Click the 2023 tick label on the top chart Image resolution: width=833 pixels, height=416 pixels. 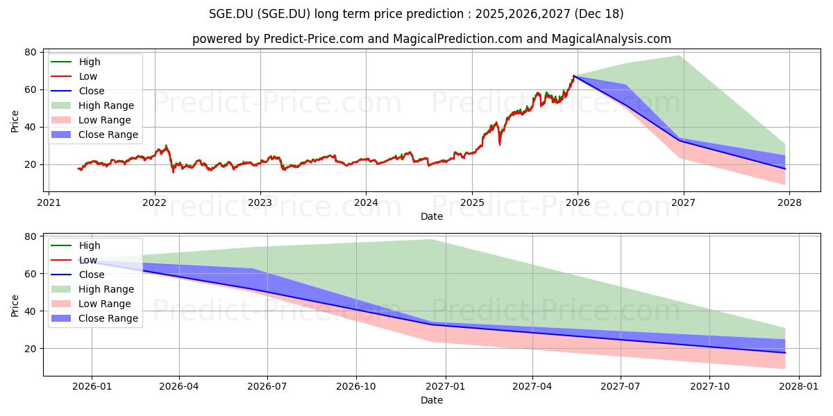(x=260, y=202)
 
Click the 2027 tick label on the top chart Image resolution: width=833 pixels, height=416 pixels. (x=684, y=202)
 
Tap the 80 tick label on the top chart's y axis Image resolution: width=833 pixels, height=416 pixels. (x=31, y=52)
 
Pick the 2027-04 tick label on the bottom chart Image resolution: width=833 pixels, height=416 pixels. (x=532, y=386)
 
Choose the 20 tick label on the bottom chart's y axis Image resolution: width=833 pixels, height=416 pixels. (x=31, y=349)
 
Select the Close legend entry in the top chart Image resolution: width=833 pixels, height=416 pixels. (x=92, y=91)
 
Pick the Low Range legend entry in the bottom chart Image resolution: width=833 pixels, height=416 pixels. (x=105, y=304)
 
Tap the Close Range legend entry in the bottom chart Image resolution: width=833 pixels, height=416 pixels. (x=108, y=318)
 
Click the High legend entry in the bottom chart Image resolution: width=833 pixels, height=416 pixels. (x=90, y=245)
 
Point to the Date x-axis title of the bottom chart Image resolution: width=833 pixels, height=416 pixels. (x=432, y=400)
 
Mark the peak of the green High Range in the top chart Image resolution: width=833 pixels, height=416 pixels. (x=679, y=56)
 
